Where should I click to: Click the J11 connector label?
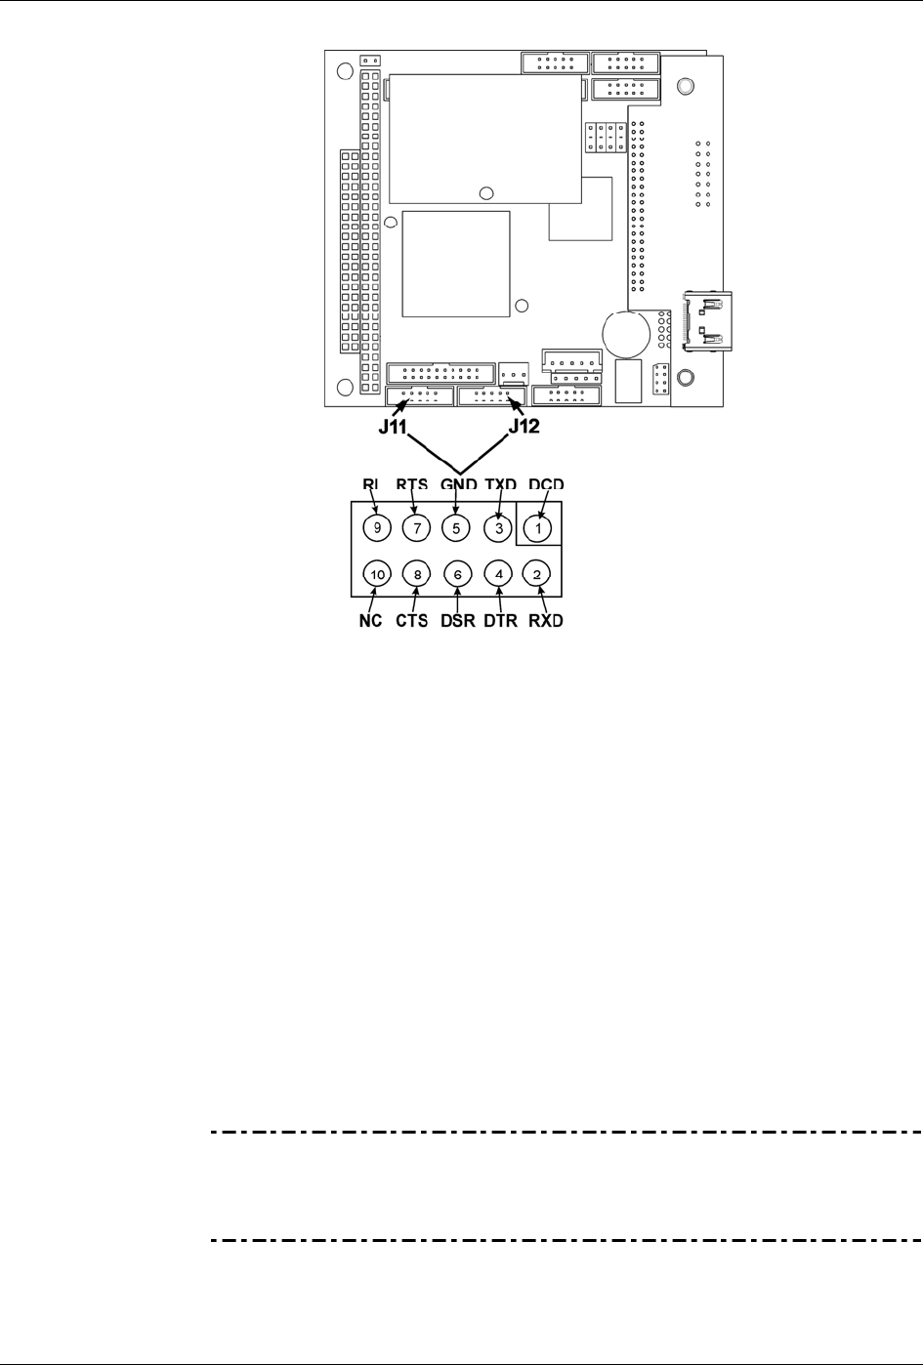pos(392,427)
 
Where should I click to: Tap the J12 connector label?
pos(524,427)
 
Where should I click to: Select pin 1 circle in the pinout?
pos(538,527)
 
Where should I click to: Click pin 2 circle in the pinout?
pos(536,574)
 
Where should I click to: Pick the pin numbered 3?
pos(499,527)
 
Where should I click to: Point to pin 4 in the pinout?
pos(499,574)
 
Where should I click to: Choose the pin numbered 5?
pos(456,527)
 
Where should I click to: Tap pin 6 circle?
pos(457,574)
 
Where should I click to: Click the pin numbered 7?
pos(416,527)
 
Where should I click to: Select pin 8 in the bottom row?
pos(416,574)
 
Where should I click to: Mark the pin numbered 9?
pos(377,527)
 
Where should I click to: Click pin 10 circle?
pos(377,574)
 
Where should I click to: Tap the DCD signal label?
pos(546,484)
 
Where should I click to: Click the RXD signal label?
pos(546,621)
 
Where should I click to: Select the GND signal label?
pos(458,484)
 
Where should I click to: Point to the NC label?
pos(370,621)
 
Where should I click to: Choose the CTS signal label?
pos(411,621)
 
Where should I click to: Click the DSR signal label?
pos(458,621)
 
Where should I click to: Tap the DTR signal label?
pos(500,621)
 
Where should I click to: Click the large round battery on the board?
pos(627,334)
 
